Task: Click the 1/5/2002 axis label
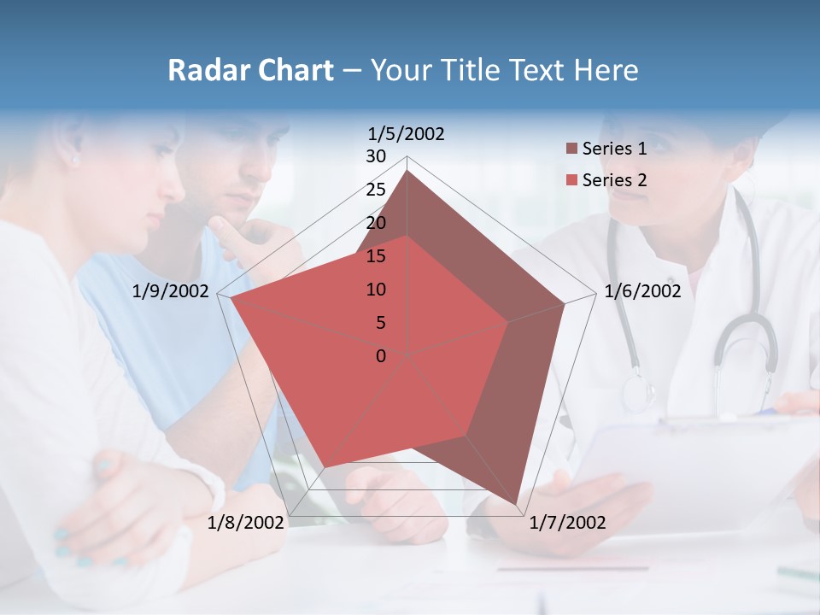[406, 133]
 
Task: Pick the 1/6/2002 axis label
[642, 291]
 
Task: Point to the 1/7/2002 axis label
[567, 522]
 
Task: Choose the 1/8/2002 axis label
[246, 522]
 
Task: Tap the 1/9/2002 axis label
[171, 291]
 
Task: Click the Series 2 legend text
[614, 180]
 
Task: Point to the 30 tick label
[376, 156]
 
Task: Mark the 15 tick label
[376, 256]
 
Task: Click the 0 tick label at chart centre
[381, 355]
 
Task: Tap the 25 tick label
[376, 190]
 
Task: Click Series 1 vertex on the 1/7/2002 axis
[518, 505]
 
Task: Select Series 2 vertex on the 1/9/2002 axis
[231, 298]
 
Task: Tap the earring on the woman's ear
[74, 160]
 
